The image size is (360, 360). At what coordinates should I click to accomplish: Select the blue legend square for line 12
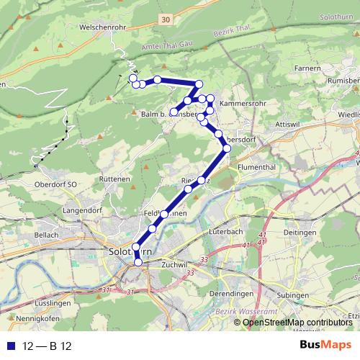[x=8, y=346]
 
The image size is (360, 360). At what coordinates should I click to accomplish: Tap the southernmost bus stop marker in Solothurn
[x=138, y=263]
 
